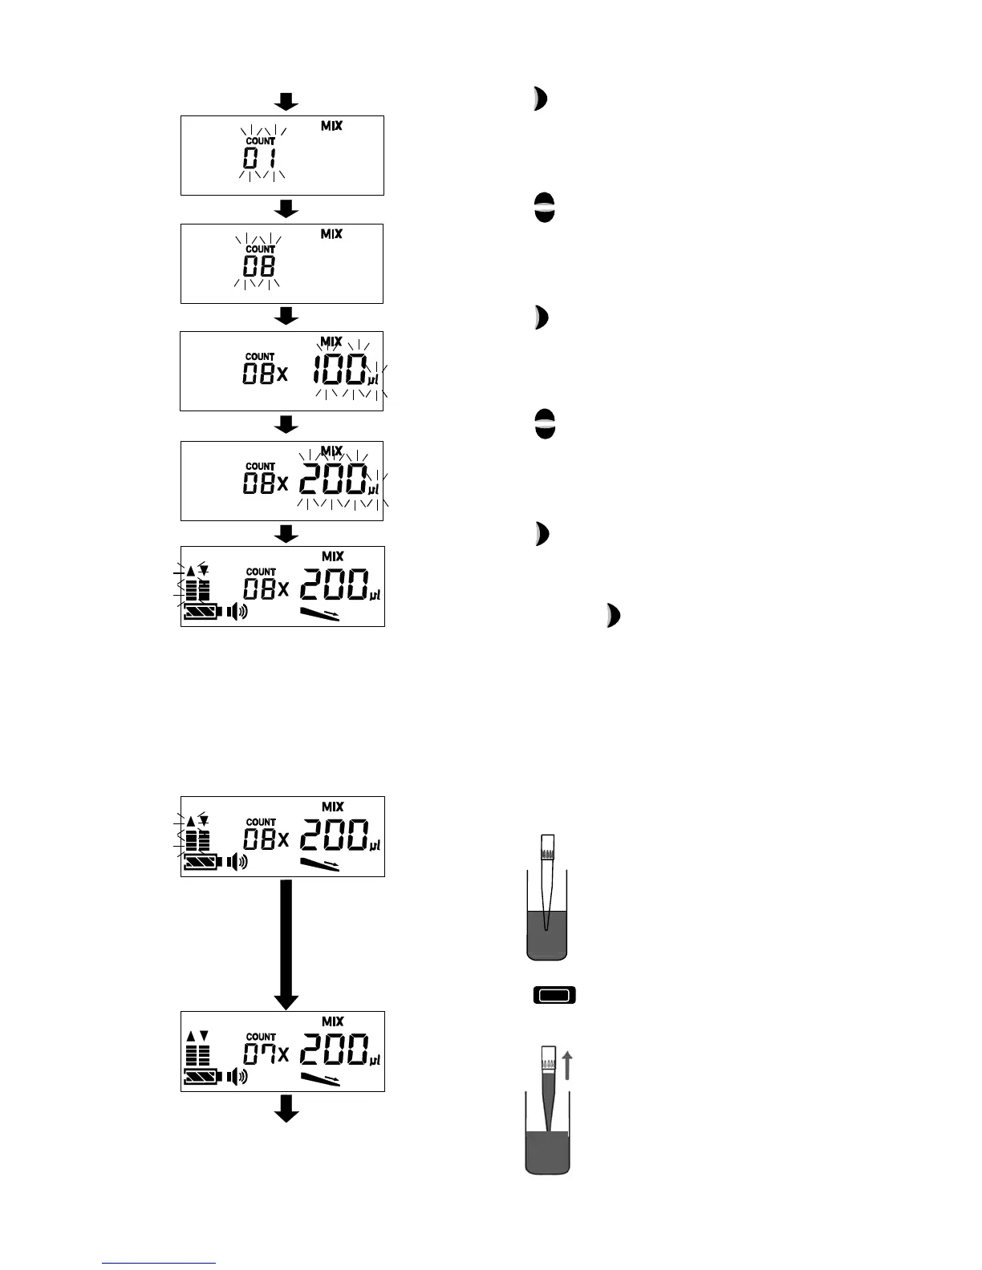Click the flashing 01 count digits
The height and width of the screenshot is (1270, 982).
259,158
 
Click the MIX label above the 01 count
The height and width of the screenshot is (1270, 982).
331,126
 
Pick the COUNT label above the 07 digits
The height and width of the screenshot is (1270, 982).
261,1037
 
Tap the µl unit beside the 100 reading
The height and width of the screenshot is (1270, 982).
373,380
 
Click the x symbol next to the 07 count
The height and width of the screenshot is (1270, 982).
282,1055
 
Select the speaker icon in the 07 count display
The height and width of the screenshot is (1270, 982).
237,1076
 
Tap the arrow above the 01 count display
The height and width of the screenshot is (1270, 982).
286,101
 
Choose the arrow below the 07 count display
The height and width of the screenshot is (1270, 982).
286,1110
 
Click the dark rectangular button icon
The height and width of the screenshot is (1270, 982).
554,996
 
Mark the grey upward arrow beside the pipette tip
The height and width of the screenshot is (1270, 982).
568,1066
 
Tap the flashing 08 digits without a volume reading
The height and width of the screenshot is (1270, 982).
259,266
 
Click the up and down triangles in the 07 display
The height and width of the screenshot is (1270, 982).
197,1035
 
